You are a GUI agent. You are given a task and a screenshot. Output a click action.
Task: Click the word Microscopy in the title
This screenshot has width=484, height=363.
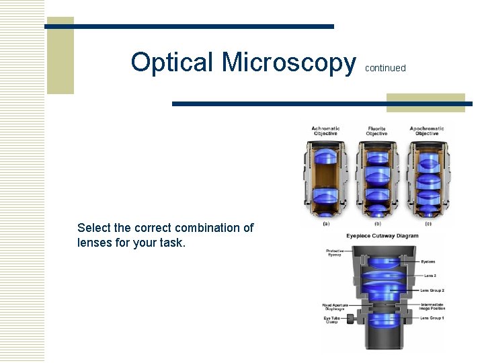(289, 62)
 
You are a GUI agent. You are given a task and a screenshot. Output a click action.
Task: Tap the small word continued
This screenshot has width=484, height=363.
(385, 68)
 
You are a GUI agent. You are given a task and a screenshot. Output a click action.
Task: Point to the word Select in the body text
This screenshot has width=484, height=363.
(95, 228)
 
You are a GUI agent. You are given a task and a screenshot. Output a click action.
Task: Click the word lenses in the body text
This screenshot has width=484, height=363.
(95, 243)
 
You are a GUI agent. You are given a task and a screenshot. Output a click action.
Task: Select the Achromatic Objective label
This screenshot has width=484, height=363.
(325, 131)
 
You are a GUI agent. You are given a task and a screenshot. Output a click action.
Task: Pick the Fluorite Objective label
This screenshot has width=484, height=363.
(376, 131)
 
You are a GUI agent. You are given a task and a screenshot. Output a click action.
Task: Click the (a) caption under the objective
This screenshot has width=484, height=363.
(326, 224)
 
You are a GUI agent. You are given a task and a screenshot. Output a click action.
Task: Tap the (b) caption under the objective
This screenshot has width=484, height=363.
(377, 224)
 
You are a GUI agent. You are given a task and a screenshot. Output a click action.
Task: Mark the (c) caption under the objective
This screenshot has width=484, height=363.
(428, 224)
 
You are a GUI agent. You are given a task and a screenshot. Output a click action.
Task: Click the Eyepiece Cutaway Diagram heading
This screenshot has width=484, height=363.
(382, 236)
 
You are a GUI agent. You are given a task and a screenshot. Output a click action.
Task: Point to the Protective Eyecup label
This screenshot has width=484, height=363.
(335, 253)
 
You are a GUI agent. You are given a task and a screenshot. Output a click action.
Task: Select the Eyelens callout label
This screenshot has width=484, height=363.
(428, 261)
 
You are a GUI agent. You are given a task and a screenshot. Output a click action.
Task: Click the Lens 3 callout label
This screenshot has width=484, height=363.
(430, 276)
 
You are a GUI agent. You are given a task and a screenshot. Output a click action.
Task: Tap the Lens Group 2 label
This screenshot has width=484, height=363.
(432, 290)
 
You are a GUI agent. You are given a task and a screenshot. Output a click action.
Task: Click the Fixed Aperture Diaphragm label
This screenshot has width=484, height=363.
(335, 307)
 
